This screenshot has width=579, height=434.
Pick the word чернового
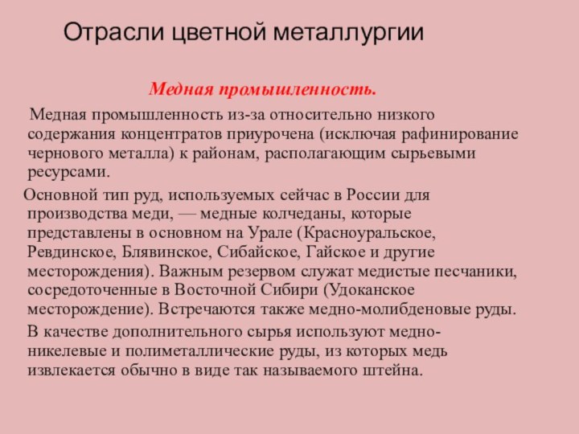(x=64, y=153)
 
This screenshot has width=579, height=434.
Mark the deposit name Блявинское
(x=166, y=252)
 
